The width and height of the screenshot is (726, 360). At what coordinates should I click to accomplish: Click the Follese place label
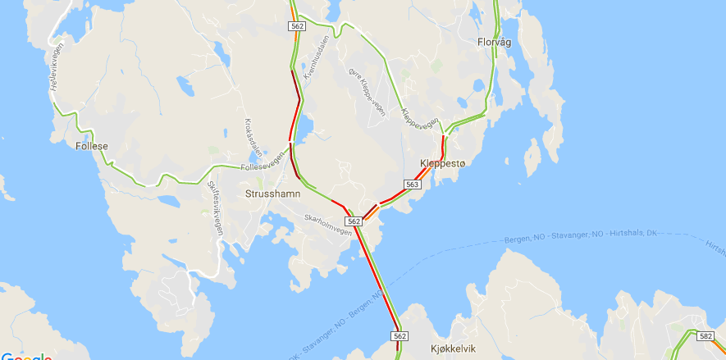[x=91, y=147]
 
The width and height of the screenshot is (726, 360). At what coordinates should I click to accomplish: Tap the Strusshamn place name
[x=272, y=194]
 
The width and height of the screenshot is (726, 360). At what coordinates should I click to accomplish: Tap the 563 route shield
[x=413, y=185]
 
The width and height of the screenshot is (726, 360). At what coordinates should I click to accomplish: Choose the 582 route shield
[x=705, y=335]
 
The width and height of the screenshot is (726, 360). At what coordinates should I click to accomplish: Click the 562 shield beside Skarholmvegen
[x=354, y=221]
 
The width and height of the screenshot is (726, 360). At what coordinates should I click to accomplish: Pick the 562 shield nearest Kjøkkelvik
[x=400, y=336]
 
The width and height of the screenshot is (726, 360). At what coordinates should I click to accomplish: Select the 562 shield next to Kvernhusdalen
[x=297, y=26]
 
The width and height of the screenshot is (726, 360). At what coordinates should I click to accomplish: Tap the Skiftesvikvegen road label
[x=215, y=209]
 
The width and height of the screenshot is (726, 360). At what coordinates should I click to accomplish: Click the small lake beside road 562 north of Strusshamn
[x=306, y=127]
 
